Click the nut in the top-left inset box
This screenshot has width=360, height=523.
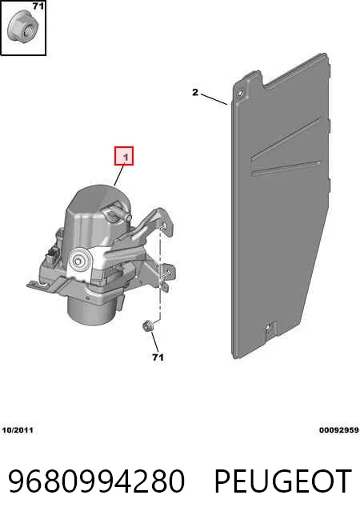point(22,27)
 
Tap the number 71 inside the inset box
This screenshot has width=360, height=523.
point(38,6)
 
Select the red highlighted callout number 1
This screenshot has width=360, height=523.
point(124,156)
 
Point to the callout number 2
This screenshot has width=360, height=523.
point(195,93)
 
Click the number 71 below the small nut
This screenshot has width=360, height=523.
point(158,357)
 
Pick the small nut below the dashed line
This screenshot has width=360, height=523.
point(147,325)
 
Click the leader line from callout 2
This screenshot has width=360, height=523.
point(214,99)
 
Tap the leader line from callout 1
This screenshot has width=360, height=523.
point(119,175)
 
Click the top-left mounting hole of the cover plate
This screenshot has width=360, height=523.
point(239,93)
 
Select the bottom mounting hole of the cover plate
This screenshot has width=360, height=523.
point(268,329)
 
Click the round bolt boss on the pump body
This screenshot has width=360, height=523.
point(79,260)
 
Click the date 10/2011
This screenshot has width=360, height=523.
point(18,430)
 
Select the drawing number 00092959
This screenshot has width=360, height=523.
point(339,430)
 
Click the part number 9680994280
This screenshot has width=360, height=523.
point(96,481)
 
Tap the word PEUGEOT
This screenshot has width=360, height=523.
point(282,481)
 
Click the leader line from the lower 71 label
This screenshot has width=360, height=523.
point(154,342)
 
